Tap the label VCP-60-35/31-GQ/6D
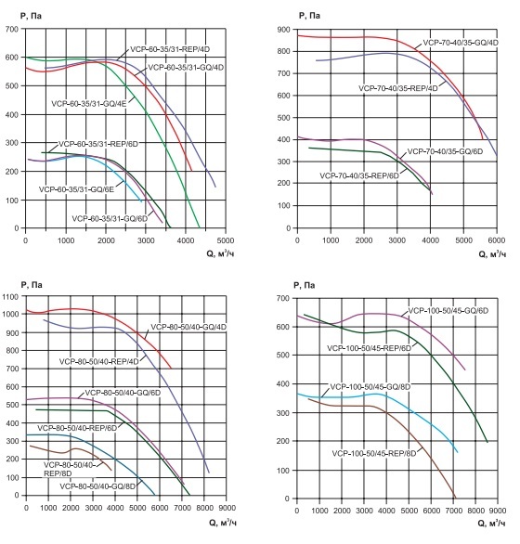pyautogui.click(x=113, y=217)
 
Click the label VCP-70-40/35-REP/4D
pyautogui.click(x=400, y=86)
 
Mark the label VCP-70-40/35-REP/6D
pyautogui.click(x=359, y=174)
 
